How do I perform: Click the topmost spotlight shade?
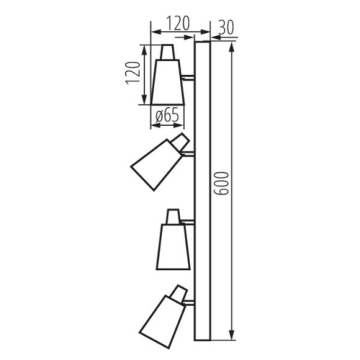[166, 81]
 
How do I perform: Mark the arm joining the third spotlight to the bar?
[188, 221]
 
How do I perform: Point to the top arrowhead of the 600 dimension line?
[232, 46]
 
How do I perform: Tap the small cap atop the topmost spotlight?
[167, 52]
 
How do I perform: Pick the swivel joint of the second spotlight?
[182, 142]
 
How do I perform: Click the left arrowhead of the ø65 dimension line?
[153, 127]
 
